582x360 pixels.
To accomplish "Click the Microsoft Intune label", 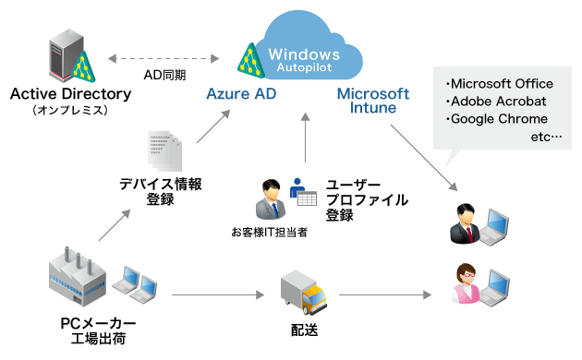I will (372, 101).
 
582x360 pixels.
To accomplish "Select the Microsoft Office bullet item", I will (499, 83).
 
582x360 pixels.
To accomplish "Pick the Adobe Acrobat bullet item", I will (495, 101).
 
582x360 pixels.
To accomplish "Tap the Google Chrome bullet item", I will (496, 119).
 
